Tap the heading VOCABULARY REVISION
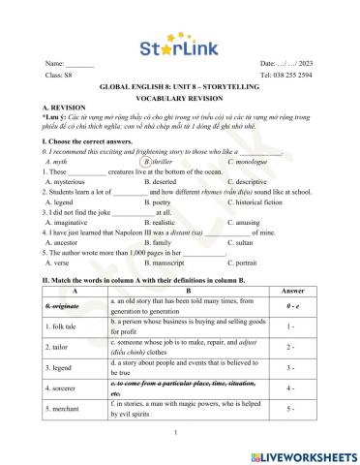[x=179, y=95]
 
